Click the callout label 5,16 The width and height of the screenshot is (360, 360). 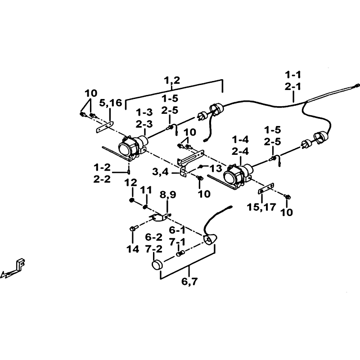point(110,103)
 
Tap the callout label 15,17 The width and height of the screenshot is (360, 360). point(261,207)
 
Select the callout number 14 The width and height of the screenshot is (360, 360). point(133,249)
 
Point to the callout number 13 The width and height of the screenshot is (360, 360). point(216,168)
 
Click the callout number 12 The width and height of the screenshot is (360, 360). point(130,183)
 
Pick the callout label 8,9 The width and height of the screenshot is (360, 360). point(168,195)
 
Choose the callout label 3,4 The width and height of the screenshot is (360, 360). point(161,171)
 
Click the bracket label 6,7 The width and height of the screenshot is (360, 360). point(189,281)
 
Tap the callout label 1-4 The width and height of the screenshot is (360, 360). point(240,139)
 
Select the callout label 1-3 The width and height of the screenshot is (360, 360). point(144,112)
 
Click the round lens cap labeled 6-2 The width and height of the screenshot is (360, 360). point(157,265)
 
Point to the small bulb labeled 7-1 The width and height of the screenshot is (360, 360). point(180,254)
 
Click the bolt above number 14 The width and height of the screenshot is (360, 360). point(133,228)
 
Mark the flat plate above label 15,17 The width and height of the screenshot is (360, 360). point(266,188)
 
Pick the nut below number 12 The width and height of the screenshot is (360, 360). point(132,200)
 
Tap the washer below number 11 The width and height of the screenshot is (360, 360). point(145,207)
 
